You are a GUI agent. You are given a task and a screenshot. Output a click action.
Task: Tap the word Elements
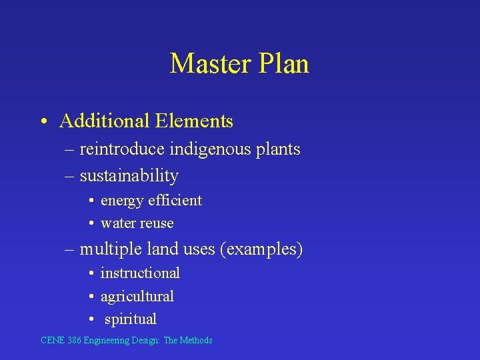[194, 121]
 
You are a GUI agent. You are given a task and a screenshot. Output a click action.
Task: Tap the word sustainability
[129, 176]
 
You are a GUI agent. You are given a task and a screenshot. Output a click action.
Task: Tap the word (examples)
[265, 249]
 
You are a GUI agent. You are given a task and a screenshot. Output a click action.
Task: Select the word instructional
[140, 273]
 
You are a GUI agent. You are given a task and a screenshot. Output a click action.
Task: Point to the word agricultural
[137, 296]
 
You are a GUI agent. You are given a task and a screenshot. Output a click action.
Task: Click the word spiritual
[131, 319]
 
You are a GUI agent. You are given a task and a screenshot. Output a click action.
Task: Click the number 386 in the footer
[73, 341]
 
